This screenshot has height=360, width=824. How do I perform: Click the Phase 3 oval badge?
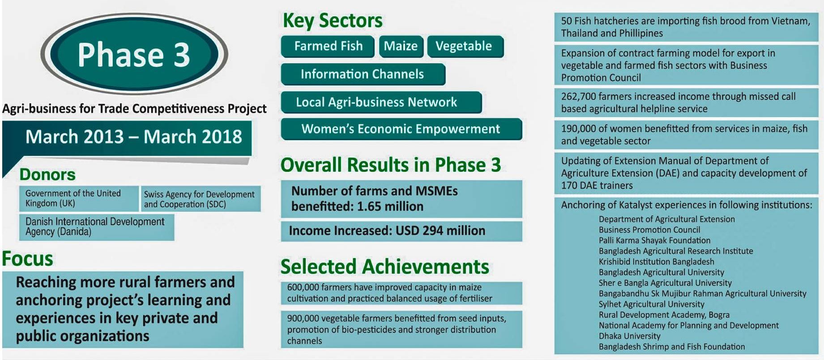pyautogui.click(x=134, y=54)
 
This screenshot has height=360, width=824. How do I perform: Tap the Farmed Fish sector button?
pyautogui.click(x=328, y=46)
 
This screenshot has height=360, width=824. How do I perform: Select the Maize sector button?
pyautogui.click(x=401, y=46)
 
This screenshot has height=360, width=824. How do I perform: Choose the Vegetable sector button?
pyautogui.click(x=465, y=46)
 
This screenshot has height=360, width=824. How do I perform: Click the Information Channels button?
pyautogui.click(x=363, y=74)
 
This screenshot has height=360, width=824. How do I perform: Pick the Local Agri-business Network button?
pyautogui.click(x=381, y=102)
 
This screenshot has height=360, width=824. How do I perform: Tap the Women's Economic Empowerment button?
pyautogui.click(x=401, y=129)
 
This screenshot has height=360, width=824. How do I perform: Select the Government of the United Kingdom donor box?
pyautogui.click(x=79, y=198)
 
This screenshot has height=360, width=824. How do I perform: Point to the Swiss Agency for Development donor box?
pyautogui.click(x=201, y=199)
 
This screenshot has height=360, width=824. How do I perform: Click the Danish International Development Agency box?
pyautogui.click(x=97, y=227)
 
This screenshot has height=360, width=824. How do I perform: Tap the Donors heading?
pyautogui.click(x=47, y=174)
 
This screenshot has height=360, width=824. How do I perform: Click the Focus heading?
pyautogui.click(x=27, y=259)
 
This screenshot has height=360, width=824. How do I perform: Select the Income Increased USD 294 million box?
pyautogui.click(x=401, y=231)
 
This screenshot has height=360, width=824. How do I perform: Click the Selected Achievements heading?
pyautogui.click(x=385, y=267)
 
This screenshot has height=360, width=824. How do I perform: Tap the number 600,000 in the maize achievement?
pyautogui.click(x=303, y=287)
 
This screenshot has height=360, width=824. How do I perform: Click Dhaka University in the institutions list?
pyautogui.click(x=629, y=336)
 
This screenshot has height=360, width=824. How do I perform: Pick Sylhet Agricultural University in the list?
pyautogui.click(x=652, y=304)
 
